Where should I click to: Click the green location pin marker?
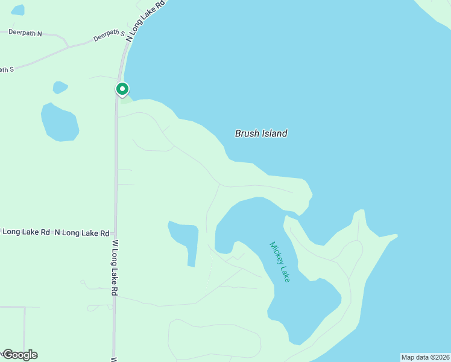[x=122, y=90]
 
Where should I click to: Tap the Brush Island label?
[x=260, y=133]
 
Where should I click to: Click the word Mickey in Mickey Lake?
[x=276, y=253]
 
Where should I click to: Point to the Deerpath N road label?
[x=25, y=33]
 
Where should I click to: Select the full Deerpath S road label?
[x=109, y=36]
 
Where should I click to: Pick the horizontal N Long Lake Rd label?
[x=81, y=232]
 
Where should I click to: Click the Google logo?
[x=20, y=355]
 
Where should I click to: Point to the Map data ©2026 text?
[x=425, y=357]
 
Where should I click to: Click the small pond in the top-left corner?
[x=18, y=10]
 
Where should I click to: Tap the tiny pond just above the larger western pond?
[x=60, y=87]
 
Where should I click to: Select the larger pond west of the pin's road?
[x=59, y=122]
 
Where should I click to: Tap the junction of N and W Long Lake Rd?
[x=115, y=232]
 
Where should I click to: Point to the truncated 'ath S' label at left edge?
[x=6, y=69]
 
